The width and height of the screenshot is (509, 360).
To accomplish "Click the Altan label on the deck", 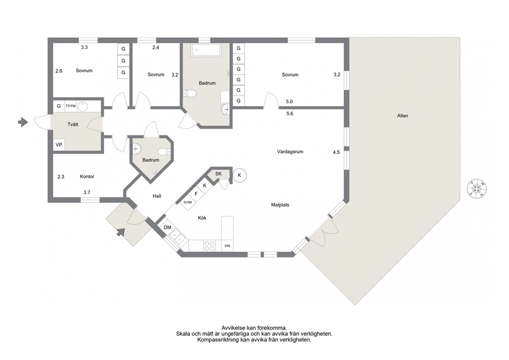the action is tap(402, 116).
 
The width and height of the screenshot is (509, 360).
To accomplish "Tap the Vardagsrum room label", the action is tap(290, 151).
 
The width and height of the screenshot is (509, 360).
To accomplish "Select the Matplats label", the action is tap(280, 205).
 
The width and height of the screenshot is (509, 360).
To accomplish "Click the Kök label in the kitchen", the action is tap(202, 218).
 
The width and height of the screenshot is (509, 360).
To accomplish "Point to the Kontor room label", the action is tap(87, 177).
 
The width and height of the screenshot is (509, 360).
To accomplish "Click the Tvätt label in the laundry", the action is tap(73, 124).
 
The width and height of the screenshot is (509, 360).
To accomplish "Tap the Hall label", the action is tap(157, 196).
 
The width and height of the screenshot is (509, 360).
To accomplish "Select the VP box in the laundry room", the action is tap(59, 145).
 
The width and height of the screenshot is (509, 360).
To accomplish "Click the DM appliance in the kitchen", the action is tap(167, 228).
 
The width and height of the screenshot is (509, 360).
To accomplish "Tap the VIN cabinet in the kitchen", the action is tap(227, 245).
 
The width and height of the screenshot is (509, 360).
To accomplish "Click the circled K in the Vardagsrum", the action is tap(240, 176).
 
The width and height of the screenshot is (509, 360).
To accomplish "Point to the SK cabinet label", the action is tap(219, 174).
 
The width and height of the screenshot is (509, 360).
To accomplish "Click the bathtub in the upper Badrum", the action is tap(206, 50).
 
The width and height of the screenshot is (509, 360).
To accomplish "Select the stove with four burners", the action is tap(209, 245).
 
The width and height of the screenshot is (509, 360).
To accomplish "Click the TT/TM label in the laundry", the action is tap(71, 106).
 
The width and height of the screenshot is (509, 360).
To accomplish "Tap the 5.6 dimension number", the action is tap(289, 113).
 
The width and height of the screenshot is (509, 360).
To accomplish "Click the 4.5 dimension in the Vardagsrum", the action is tap(336, 152).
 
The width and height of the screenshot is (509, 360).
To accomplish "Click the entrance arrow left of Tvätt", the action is tap(23, 122).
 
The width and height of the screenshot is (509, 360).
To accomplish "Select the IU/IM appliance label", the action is tap(188, 202).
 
